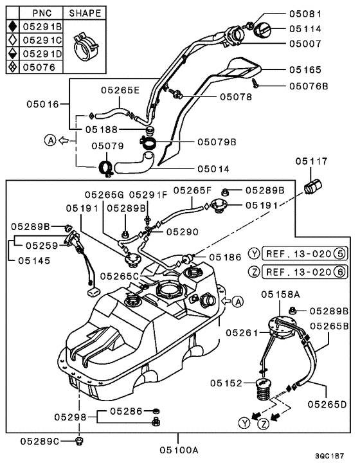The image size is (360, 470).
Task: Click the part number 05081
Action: click(305, 14)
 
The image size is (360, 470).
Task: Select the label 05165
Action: click(305, 70)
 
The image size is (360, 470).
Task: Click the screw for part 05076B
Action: click(255, 82)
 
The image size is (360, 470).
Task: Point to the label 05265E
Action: click(120, 90)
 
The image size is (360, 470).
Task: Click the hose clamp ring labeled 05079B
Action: click(147, 141)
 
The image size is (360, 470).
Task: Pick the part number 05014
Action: click(213, 169)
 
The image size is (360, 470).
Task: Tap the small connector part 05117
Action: click(312, 186)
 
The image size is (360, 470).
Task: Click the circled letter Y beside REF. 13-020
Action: click(254, 254)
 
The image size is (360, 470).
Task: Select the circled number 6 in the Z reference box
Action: click(340, 272)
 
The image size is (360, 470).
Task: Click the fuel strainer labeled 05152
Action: click(262, 390)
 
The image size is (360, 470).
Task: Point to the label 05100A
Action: click(179, 450)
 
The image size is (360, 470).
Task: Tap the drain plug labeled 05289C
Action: click(79, 441)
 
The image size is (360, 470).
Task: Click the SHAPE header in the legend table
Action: click(85, 14)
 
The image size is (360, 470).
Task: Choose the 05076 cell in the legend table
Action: click(39, 67)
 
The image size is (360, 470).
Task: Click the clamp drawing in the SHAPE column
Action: click(85, 45)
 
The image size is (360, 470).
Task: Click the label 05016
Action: click(42, 104)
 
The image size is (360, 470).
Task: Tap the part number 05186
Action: click(225, 257)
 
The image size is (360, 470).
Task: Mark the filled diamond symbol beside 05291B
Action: click(13, 26)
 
